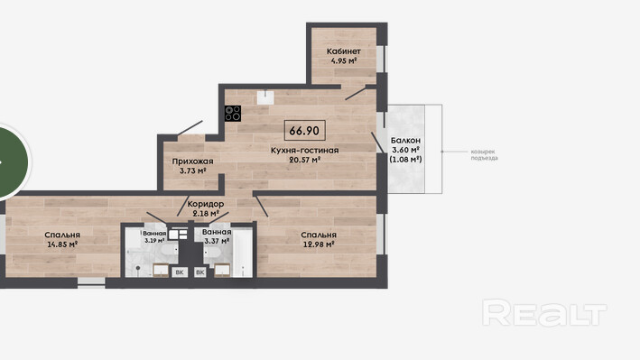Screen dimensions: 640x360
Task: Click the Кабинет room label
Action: point(343,51)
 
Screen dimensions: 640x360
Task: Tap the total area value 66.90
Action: point(304,131)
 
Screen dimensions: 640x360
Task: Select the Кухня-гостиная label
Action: point(304,151)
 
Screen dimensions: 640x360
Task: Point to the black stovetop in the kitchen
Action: point(233,113)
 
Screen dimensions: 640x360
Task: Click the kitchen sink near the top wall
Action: point(265,97)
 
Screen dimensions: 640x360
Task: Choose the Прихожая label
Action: point(192,162)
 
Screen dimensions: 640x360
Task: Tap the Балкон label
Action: point(405,141)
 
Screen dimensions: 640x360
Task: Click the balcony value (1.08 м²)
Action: point(405,159)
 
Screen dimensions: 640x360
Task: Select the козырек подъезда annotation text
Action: point(484,154)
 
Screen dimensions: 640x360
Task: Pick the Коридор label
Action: point(206,204)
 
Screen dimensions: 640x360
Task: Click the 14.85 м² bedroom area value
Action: point(62,245)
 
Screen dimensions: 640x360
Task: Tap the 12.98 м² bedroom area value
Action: point(319,245)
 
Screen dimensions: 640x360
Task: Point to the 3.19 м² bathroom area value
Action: point(154,240)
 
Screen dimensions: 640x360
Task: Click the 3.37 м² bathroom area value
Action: point(217,241)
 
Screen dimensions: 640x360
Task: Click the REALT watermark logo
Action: point(544,313)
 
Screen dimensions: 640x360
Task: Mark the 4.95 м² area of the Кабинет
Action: point(344,60)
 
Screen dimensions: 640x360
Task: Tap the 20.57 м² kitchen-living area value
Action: point(304,160)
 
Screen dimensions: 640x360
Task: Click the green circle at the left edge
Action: point(13,162)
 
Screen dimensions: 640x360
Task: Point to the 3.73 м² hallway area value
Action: point(192,171)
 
